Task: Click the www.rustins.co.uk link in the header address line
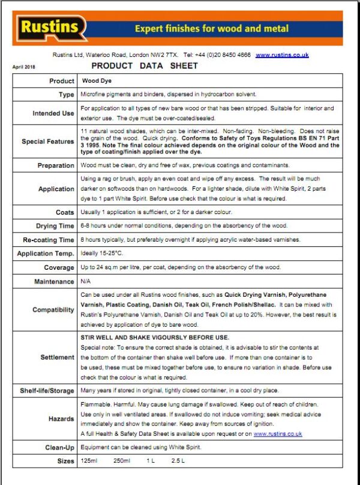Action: pyautogui.click(x=282, y=55)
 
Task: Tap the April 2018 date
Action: pyautogui.click(x=25, y=67)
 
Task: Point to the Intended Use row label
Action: pyautogui.click(x=53, y=113)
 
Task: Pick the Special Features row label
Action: pyautogui.click(x=48, y=142)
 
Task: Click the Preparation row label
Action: pyautogui.click(x=56, y=165)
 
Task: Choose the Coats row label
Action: pyautogui.click(x=65, y=212)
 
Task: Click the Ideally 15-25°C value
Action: pyautogui.click(x=98, y=254)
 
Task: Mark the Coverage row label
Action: pyautogui.click(x=59, y=267)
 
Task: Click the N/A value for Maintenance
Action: pyautogui.click(x=86, y=281)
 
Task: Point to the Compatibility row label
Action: pyautogui.click(x=53, y=310)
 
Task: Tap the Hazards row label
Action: pyautogui.click(x=61, y=419)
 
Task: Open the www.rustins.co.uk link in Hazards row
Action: pyautogui.click(x=278, y=433)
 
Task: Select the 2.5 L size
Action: pyautogui.click(x=178, y=461)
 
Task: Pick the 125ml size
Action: pyautogui.click(x=89, y=461)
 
